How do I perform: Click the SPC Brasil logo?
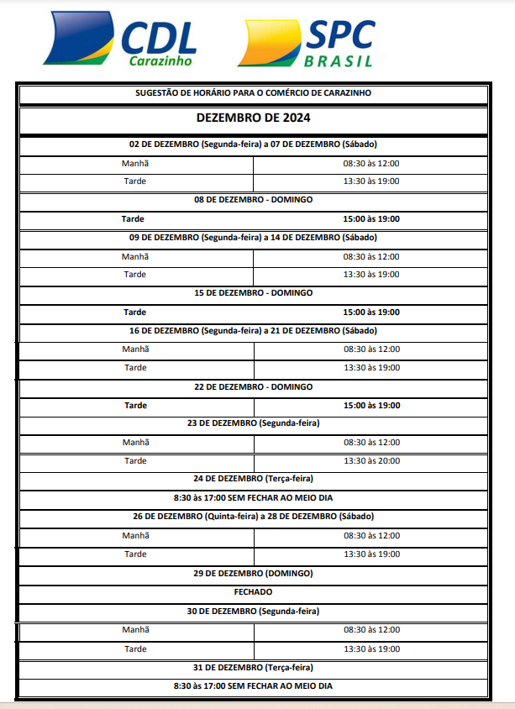coord(306,42)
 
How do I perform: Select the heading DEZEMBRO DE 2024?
coord(253,118)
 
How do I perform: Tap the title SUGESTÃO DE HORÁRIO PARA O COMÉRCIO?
coord(253,92)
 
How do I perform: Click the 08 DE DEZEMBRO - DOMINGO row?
coord(253,200)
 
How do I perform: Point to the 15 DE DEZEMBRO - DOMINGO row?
coord(253,293)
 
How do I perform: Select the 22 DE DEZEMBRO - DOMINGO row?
coord(253,386)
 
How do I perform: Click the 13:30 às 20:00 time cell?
coord(370,460)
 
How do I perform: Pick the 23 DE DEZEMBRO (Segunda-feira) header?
coord(253,423)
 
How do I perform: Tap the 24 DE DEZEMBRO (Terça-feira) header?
coord(253,479)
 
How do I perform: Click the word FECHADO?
coord(253,592)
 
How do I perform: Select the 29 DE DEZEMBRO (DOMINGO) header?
coord(253,573)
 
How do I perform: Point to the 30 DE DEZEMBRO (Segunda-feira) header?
coord(253,611)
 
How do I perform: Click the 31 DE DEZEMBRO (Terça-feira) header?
coord(253,667)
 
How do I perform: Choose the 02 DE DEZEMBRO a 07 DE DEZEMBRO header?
coord(253,144)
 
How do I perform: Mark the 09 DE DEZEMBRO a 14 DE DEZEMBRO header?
coord(253,238)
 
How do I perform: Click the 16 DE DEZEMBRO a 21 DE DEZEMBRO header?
coord(253,330)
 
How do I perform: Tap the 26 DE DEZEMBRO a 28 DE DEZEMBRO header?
coord(253,516)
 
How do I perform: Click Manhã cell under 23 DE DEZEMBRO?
coord(134,442)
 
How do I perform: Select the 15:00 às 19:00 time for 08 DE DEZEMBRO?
coord(370,218)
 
